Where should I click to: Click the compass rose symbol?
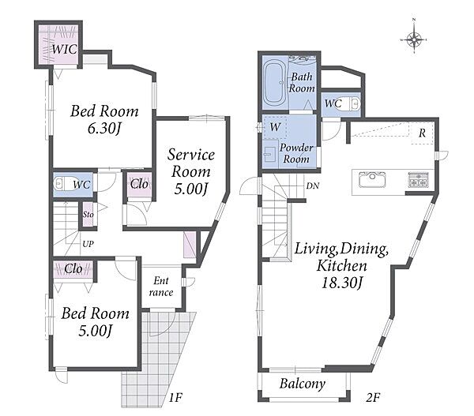coord(414,39)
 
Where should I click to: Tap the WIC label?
coord(64,49)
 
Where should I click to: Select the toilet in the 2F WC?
coord(355,103)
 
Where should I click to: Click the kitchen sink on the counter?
coord(372,180)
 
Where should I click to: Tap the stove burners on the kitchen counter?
coord(417,179)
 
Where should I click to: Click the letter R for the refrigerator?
coord(422,133)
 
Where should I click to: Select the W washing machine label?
coord(275,127)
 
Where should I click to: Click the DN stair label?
coord(312,186)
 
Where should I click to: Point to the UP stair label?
coord(88,244)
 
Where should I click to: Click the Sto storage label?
coord(88,215)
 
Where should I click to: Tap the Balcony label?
coord(303,384)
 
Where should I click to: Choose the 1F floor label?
coord(175,398)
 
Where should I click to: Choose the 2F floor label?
coord(373,398)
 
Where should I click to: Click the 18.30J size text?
coord(341,283)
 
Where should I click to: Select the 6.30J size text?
coord(103,129)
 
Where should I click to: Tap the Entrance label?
coord(161,287)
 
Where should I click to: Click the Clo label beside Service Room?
coord(139,184)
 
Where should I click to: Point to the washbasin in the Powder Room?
coord(269,154)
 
